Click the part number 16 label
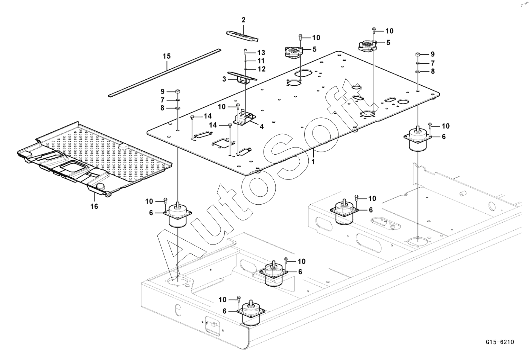(94, 207)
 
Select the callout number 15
(166, 56)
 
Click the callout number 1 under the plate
(313, 162)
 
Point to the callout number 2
(244, 20)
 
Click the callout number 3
(224, 79)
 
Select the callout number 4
(261, 127)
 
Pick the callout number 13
(261, 52)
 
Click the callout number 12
(261, 69)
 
